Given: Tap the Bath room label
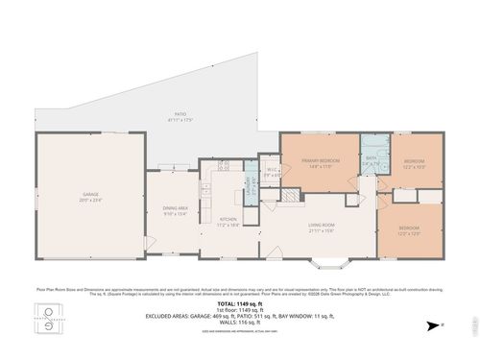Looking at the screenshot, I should (372, 157).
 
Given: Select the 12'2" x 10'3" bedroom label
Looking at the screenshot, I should (415, 160).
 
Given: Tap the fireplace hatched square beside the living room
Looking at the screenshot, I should (287, 194).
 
